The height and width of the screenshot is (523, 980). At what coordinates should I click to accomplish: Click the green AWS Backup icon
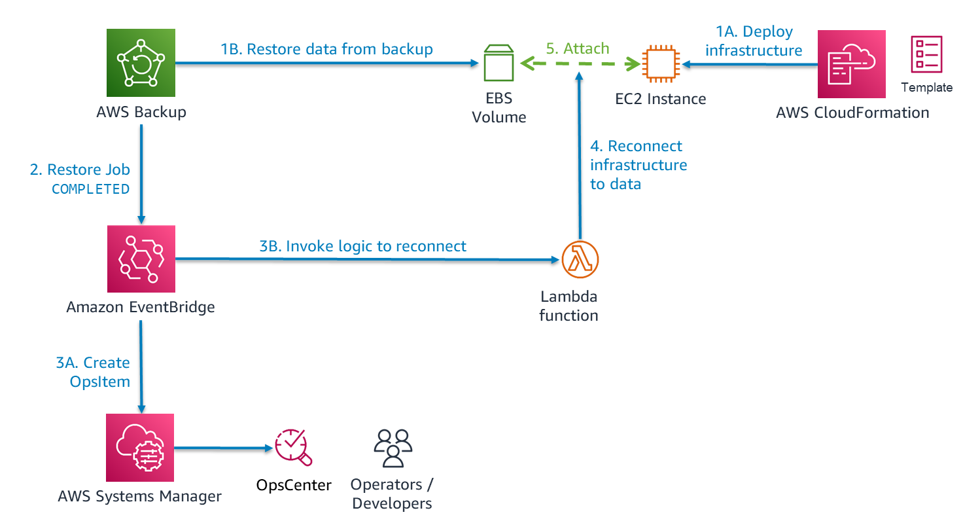tap(141, 63)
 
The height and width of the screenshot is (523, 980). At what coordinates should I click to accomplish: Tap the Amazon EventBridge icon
tap(141, 259)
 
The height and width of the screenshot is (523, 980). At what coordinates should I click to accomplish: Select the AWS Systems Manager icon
tap(140, 448)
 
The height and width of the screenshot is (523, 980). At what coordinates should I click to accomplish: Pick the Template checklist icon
tap(926, 54)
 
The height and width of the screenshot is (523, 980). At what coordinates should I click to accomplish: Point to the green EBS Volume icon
tap(499, 64)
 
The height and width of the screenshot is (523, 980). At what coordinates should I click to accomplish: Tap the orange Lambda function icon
tap(580, 259)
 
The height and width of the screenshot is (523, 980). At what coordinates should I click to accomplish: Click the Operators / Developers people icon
tap(393, 448)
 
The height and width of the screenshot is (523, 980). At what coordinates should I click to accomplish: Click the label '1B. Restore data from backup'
tap(326, 49)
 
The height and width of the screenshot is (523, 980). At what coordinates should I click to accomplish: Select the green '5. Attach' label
tap(578, 48)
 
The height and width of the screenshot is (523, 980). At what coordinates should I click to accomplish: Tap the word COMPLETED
tap(91, 189)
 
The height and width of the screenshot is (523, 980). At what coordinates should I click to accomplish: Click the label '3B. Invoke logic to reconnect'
tap(363, 246)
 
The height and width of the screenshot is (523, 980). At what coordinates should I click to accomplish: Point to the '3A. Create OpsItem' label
tap(93, 372)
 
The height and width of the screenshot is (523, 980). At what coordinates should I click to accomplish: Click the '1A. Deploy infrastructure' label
tap(754, 41)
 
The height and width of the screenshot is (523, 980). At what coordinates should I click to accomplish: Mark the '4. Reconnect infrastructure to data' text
tap(638, 165)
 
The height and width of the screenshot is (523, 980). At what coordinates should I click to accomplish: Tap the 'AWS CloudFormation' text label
tap(852, 113)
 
